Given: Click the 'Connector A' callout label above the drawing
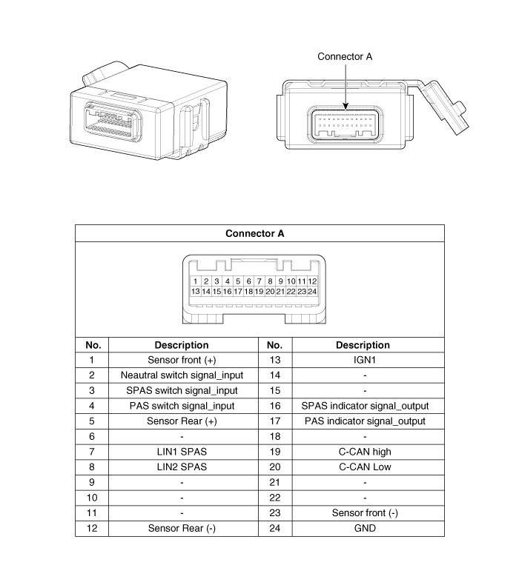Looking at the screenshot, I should (x=345, y=56).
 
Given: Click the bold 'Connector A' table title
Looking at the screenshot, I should (x=255, y=233).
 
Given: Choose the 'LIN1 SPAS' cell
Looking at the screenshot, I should (x=182, y=452).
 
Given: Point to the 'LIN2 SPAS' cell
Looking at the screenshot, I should (x=182, y=467).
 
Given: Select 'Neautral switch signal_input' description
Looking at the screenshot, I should (x=182, y=375).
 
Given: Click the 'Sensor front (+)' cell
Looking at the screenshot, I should (x=182, y=360).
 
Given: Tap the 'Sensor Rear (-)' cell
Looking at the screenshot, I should (x=182, y=528).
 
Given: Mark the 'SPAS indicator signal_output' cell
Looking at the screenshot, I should (x=365, y=406).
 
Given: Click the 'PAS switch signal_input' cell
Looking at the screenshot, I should (x=182, y=406).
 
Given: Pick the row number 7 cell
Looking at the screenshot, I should (x=92, y=452).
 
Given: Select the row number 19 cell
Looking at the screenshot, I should (x=274, y=452).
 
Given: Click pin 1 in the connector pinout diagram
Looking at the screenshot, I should (x=195, y=281).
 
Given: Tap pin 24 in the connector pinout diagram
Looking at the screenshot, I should (x=313, y=292).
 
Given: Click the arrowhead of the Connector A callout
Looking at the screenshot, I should (x=345, y=111).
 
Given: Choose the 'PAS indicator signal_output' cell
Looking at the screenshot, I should (x=365, y=421).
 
